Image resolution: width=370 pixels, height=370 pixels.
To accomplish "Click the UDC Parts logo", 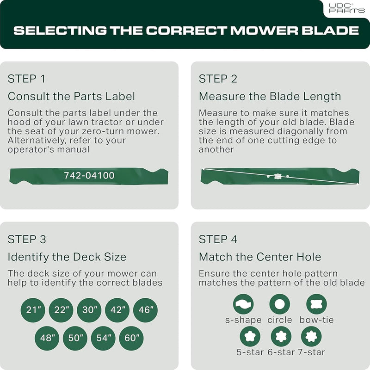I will click(346, 8).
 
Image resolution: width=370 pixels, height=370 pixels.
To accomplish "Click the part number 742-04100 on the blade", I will click(89, 176).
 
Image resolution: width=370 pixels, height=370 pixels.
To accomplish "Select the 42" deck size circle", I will click(117, 310).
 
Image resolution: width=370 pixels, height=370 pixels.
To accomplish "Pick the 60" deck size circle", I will click(131, 338).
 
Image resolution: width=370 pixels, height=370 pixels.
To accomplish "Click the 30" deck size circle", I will click(89, 310).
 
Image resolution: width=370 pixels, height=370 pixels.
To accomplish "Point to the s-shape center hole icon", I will click(243, 304).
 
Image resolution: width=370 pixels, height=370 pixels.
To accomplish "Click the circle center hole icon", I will click(280, 304).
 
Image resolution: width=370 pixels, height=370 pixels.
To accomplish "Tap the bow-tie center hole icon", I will click(317, 304).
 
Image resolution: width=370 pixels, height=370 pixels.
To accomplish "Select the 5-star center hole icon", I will click(250, 336).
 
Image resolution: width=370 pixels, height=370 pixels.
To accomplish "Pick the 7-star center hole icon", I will click(311, 336).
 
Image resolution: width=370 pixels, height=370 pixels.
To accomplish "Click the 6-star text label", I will click(281, 352).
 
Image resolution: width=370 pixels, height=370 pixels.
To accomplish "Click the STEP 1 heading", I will click(26, 79).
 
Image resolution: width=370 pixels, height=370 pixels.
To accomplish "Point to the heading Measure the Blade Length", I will click(270, 96).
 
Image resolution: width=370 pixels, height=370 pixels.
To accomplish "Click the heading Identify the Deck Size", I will click(67, 257).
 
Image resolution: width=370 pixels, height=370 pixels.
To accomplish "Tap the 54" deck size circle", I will click(103, 338).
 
